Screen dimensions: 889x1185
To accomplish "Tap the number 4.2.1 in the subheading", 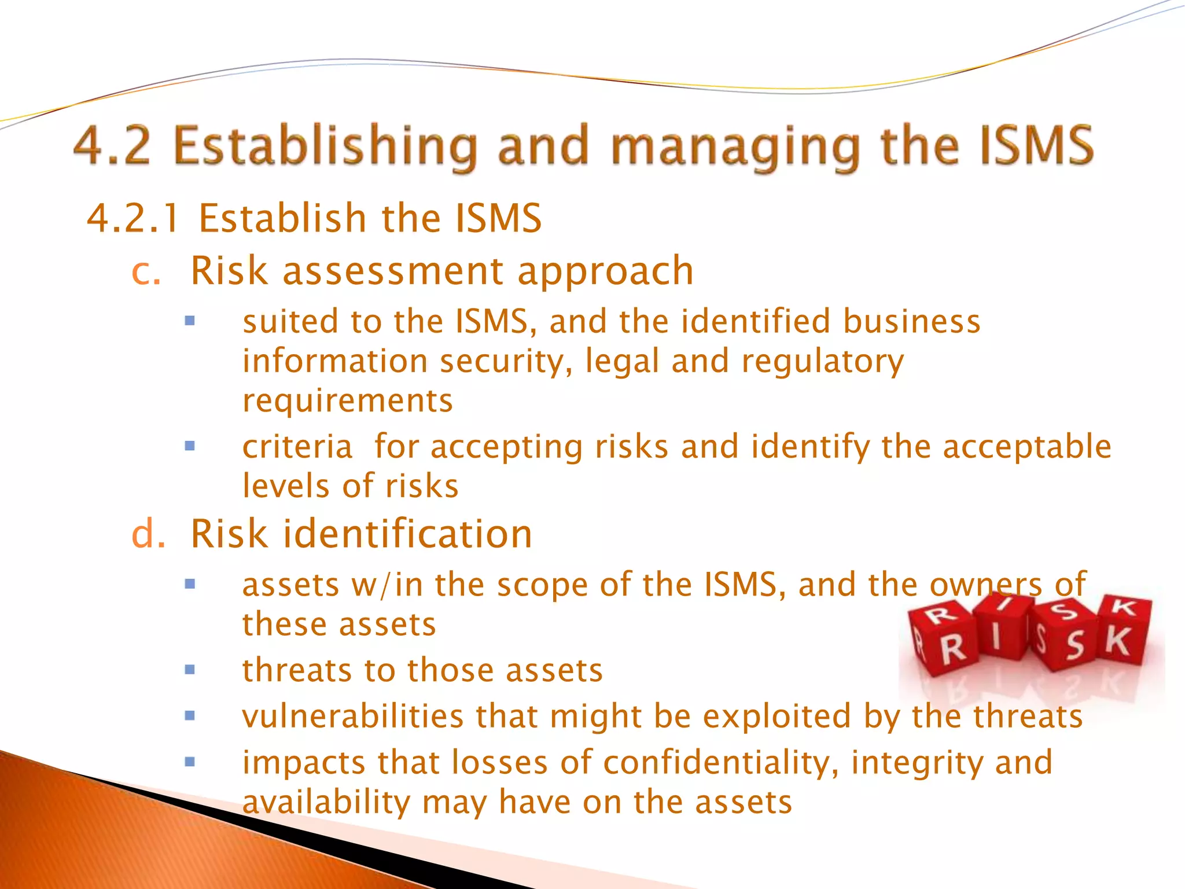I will pyautogui.click(x=133, y=219).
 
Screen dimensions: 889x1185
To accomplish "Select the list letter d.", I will pyautogui.click(x=148, y=534).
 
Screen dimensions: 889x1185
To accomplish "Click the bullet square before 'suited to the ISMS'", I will pyautogui.click(x=190, y=321).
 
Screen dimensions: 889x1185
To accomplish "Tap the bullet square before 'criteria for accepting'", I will pyautogui.click(x=190, y=446).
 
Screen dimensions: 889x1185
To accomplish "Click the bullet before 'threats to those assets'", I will pyautogui.click(x=190, y=670).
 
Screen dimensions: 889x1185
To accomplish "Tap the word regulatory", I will pyautogui.click(x=822, y=362).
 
